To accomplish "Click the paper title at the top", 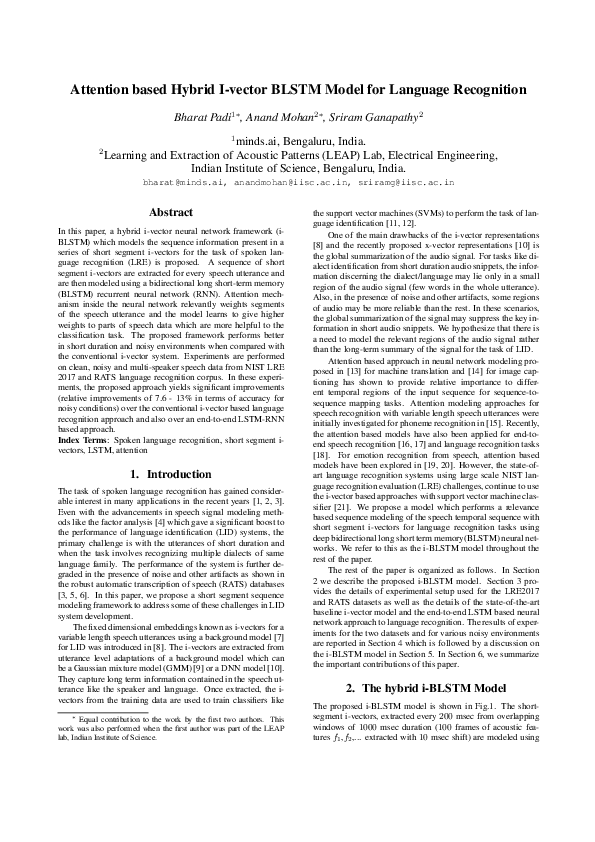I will pos(297,89).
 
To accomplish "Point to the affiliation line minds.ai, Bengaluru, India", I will pos(297,141).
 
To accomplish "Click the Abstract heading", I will pos(171,212).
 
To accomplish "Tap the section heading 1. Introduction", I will pos(171,473).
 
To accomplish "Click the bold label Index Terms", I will pos(83,440).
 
